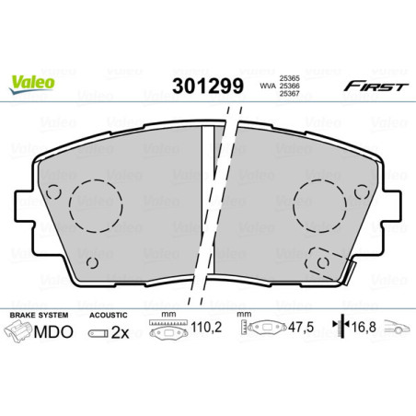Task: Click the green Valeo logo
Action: (32, 83)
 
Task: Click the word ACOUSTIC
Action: (110, 314)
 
